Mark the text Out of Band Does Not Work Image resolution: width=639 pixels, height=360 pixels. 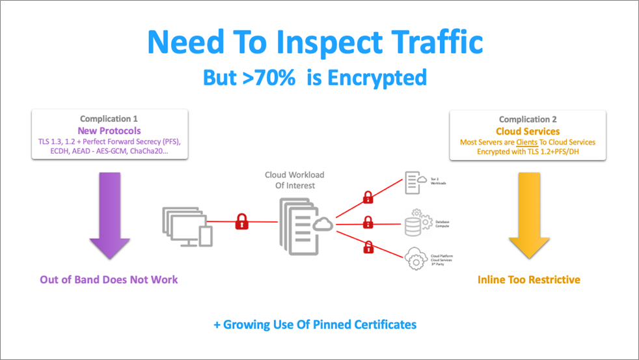coord(109,279)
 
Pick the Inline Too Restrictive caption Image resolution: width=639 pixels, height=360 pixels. coord(528,279)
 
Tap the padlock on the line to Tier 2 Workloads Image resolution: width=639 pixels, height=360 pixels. coord(369,197)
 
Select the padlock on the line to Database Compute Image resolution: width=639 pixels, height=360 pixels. coord(369,223)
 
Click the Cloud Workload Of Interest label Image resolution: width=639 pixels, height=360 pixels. coord(293,180)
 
